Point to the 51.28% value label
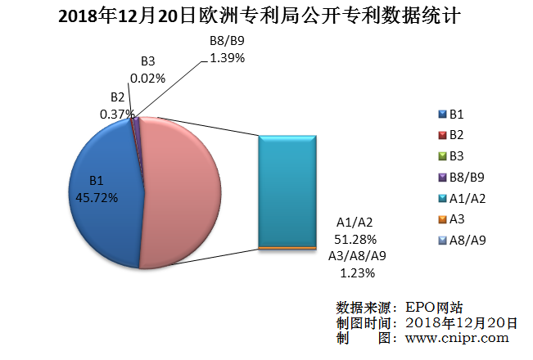click(357, 239)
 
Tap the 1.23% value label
click(357, 272)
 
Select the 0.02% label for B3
click(148, 79)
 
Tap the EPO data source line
click(400, 308)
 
